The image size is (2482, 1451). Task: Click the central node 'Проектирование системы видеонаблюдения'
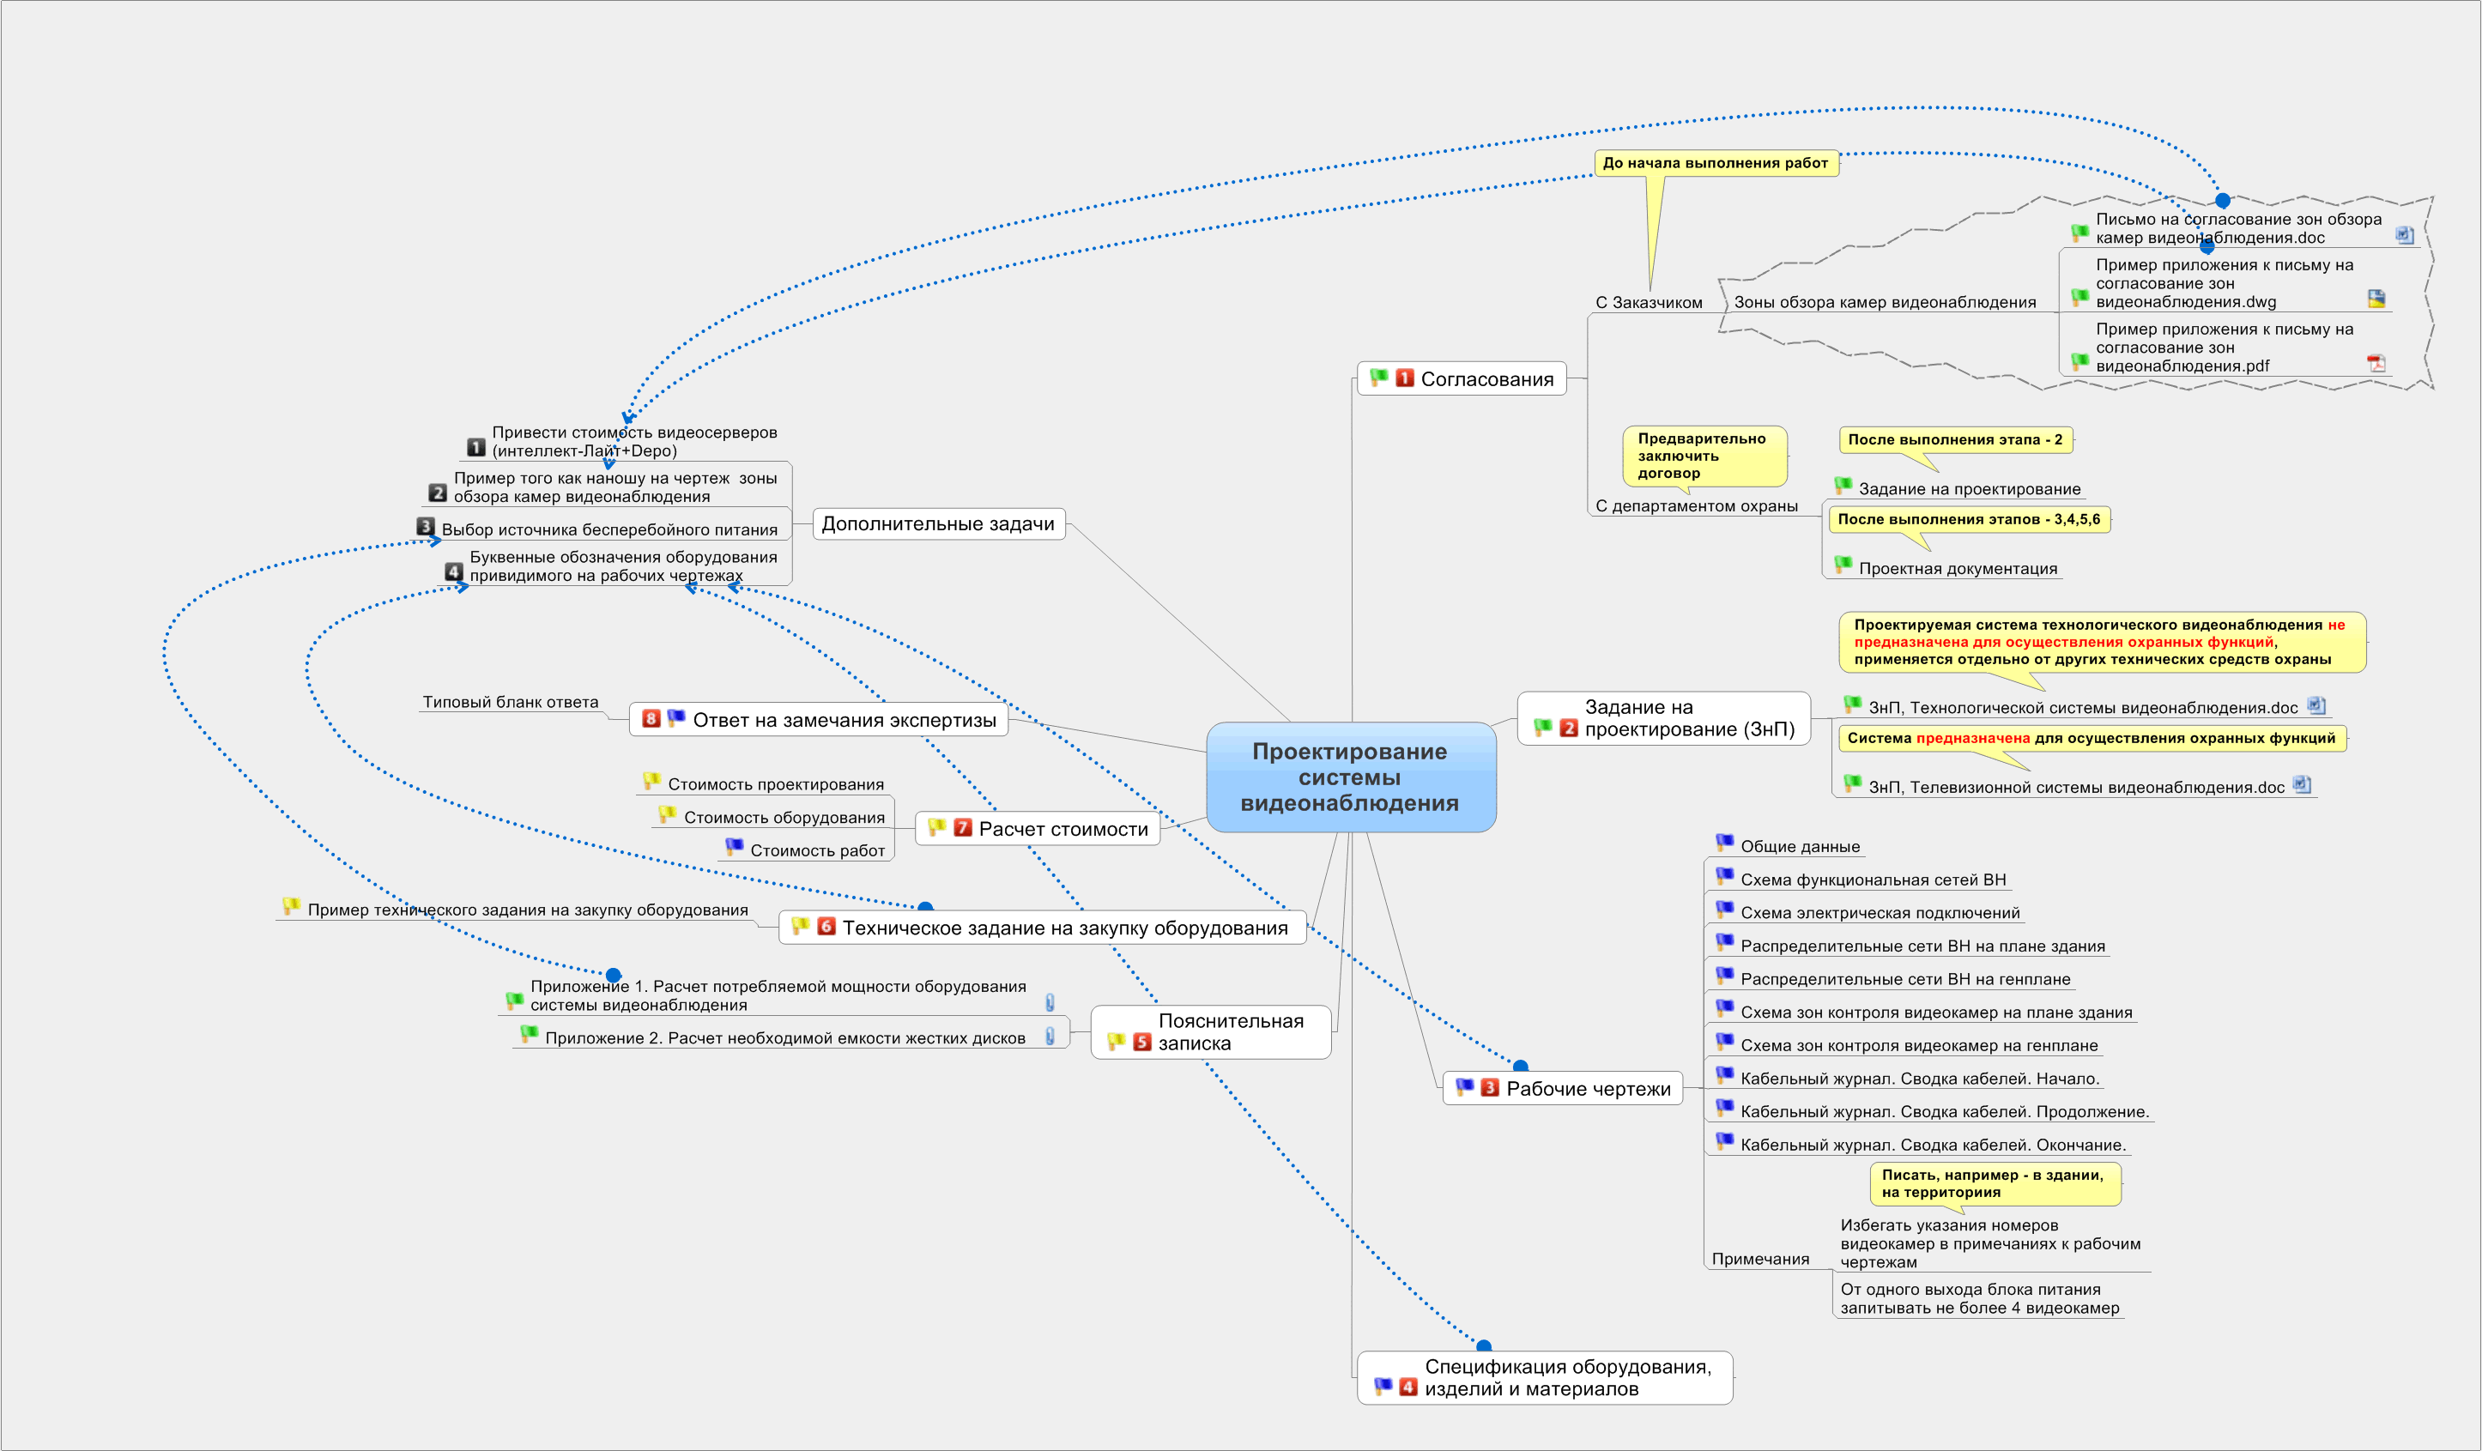[x=1349, y=777]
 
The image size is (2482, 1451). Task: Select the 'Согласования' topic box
[x=1462, y=379]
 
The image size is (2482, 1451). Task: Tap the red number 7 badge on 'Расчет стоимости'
[x=962, y=828]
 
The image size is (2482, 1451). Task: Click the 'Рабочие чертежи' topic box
[x=1563, y=1089]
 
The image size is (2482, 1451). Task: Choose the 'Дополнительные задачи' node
[x=938, y=524]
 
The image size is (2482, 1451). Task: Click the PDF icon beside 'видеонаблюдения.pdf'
[x=2376, y=364]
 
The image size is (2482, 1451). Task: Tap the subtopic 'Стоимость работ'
[x=816, y=851]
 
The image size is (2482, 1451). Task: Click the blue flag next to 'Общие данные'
[x=1723, y=843]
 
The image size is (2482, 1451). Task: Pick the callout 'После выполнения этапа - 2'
[x=1954, y=440]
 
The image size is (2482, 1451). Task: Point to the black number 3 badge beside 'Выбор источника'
[x=426, y=527]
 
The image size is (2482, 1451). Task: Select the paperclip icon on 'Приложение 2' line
[x=1050, y=1037]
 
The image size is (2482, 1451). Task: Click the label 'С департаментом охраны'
[x=1696, y=506]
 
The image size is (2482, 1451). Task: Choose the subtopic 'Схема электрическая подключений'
[x=1880, y=913]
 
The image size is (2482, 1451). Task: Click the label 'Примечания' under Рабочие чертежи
[x=1760, y=1259]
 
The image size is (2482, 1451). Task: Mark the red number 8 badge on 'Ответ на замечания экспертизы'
[x=651, y=719]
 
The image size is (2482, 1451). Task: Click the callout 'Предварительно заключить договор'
[x=1703, y=455]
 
